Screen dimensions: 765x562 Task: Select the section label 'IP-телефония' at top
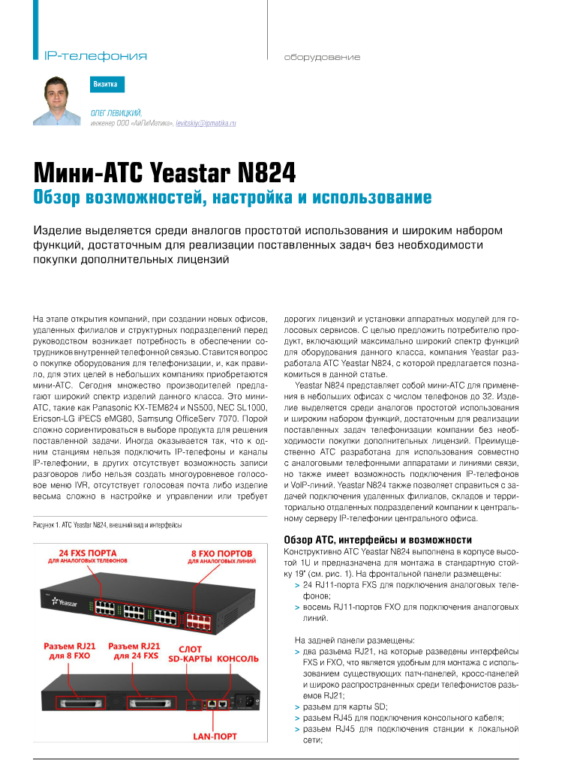[x=95, y=56]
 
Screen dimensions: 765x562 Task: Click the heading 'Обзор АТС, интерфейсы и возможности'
[x=377, y=540]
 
